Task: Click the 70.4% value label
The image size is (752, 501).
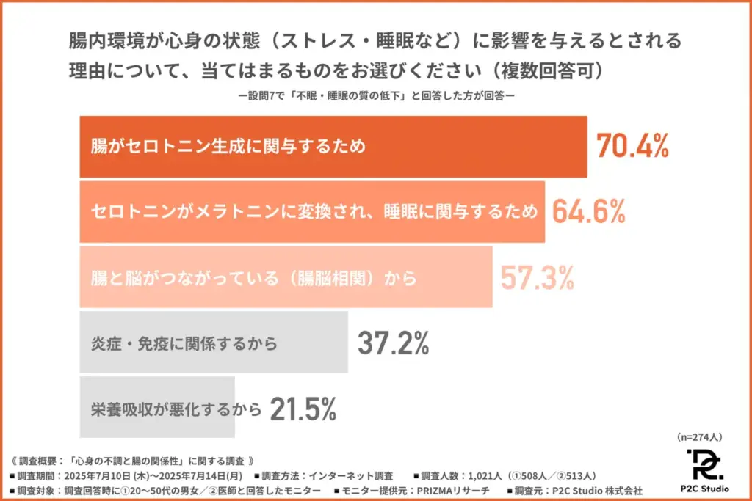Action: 632,147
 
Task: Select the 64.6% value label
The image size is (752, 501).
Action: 589,211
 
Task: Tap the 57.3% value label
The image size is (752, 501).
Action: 537,277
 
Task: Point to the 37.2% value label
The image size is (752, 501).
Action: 393,343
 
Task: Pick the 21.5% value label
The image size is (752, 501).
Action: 303,409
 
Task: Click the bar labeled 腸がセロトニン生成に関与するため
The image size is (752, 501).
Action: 333,147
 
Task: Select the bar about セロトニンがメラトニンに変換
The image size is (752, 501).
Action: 312,211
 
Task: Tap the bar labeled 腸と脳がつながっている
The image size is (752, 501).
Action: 286,277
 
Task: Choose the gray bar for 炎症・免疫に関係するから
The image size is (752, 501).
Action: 213,343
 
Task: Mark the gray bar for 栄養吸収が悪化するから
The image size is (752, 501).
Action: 156,409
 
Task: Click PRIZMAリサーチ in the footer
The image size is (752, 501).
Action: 447,489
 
